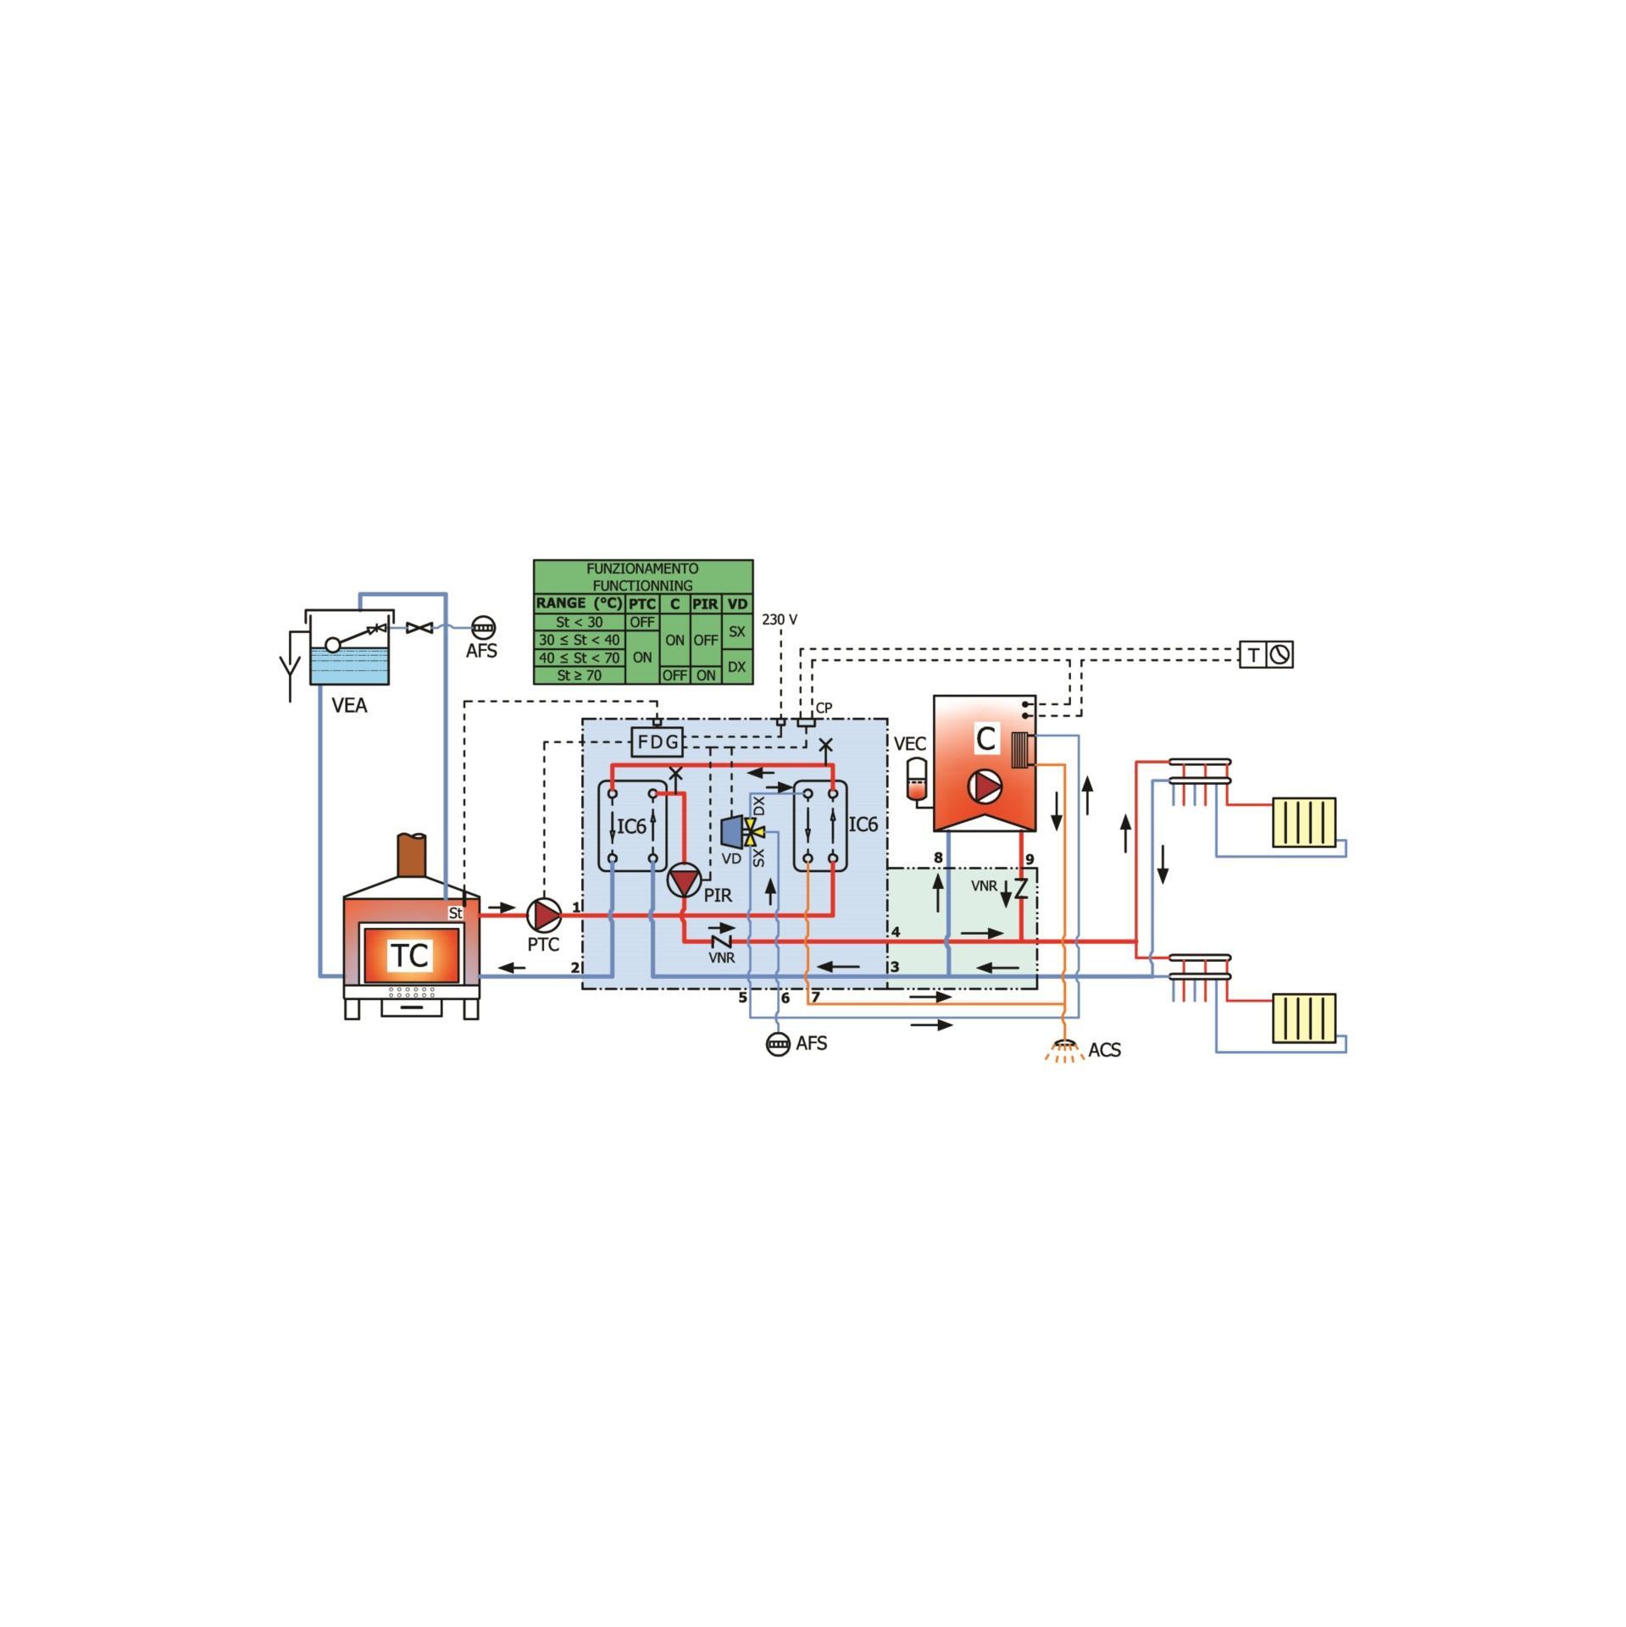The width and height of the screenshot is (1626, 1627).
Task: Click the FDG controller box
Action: [658, 742]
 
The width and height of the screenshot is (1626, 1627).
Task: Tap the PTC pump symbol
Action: [544, 915]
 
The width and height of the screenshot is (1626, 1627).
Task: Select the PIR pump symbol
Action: [684, 881]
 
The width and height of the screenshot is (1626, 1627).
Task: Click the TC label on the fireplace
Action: [411, 955]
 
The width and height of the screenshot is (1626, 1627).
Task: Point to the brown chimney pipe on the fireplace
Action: [412, 856]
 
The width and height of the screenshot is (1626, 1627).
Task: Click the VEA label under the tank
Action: [349, 705]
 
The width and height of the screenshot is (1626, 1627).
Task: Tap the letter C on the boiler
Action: [985, 739]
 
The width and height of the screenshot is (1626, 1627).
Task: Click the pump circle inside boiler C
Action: [986, 786]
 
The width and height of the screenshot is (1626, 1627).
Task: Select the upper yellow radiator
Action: [1303, 822]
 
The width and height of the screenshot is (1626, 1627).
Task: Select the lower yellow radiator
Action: [1303, 1018]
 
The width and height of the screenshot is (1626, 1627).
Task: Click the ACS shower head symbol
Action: [1065, 1042]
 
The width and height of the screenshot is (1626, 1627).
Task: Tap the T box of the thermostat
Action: [1252, 655]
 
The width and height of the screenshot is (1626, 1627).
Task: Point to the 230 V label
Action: [779, 619]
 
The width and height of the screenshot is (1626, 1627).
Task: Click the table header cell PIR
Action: [705, 604]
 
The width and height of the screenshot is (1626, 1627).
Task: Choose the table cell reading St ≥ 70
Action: [580, 675]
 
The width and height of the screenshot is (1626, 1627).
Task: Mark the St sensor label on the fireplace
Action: [456, 913]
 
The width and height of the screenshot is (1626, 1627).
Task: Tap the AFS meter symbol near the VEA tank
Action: [483, 628]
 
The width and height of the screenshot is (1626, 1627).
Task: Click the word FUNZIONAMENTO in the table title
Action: [642, 569]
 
